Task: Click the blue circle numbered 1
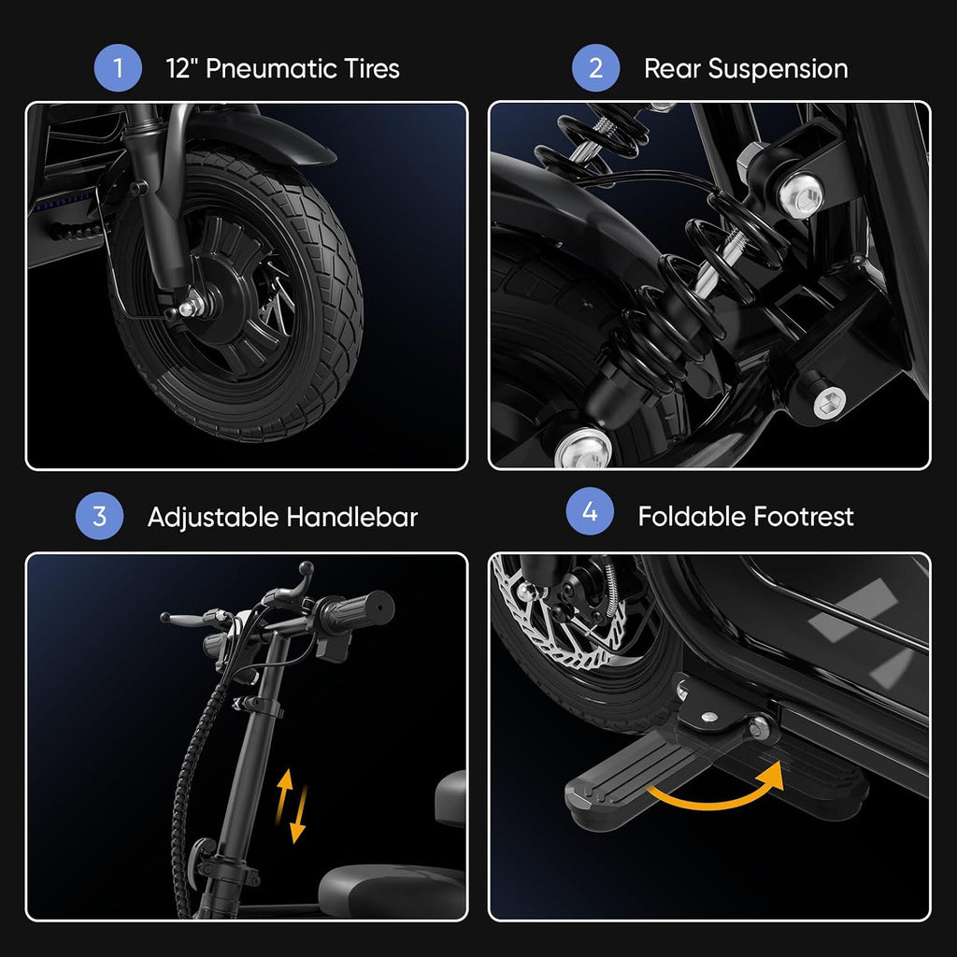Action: pos(118,67)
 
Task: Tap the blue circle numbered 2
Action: pos(595,67)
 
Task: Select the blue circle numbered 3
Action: pos(99,516)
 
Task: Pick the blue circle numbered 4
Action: pos(590,511)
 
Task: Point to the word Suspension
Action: pos(778,69)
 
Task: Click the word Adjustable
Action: pos(213,518)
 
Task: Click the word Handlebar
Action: pos(351,517)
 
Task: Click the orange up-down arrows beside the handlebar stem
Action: pos(291,806)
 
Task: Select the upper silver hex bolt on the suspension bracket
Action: pos(800,195)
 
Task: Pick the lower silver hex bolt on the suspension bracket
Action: pos(830,402)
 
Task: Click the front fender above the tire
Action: pos(256,138)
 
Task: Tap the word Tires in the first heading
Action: pos(372,68)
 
